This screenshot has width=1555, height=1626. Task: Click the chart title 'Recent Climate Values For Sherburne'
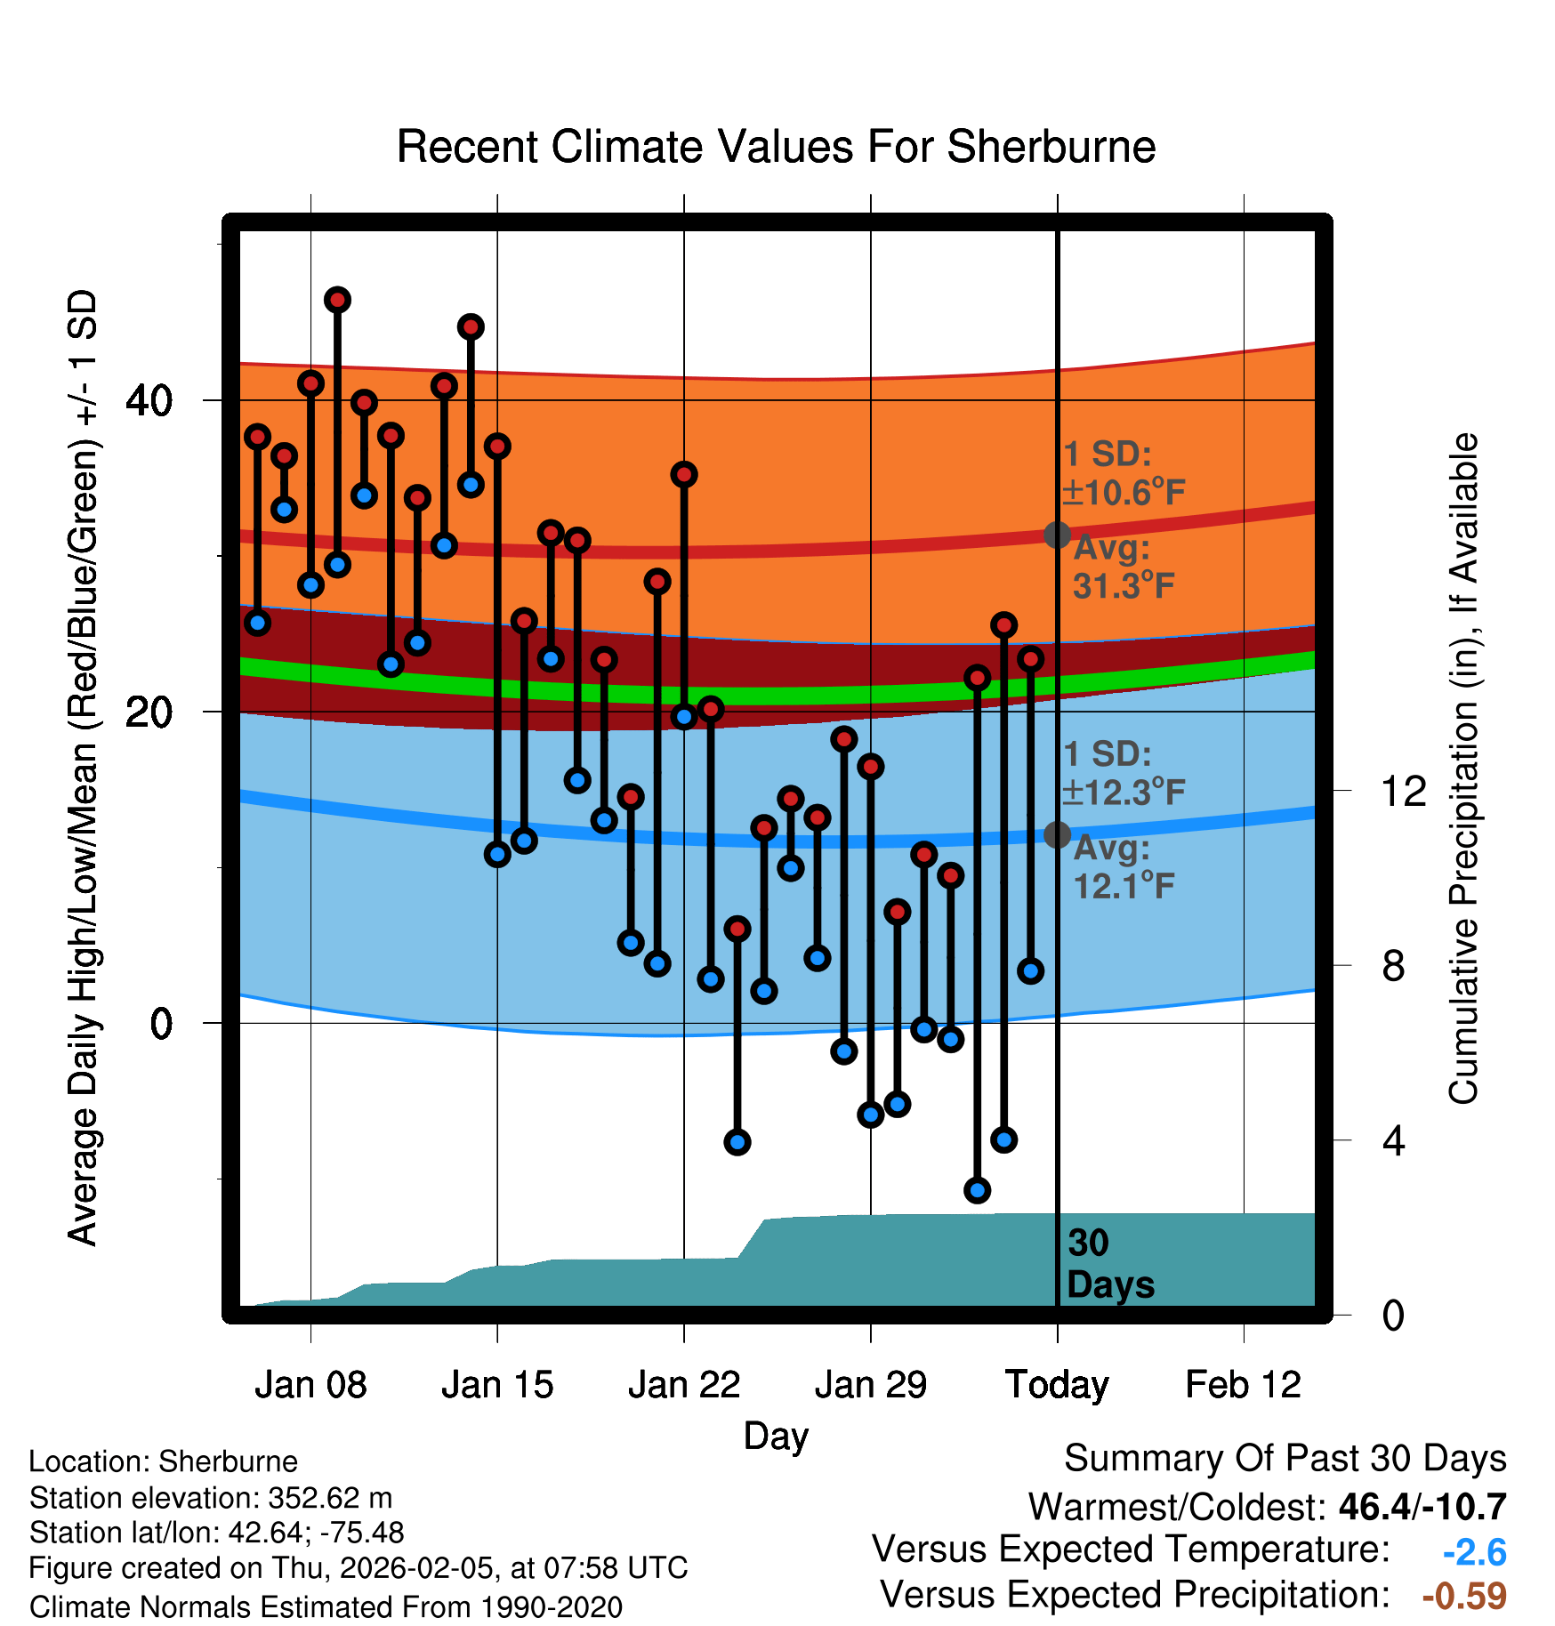pyautogui.click(x=776, y=147)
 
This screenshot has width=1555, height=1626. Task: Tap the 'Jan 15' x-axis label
pyautogui.click(x=497, y=1385)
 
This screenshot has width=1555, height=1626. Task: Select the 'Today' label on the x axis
pyautogui.click(x=1057, y=1385)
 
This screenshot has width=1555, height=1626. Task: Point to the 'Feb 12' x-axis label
pyautogui.click(x=1243, y=1385)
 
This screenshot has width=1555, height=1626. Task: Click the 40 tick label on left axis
pyautogui.click(x=149, y=401)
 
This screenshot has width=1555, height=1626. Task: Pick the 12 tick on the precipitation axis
pyautogui.click(x=1404, y=791)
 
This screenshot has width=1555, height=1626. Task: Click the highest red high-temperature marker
pyautogui.click(x=337, y=300)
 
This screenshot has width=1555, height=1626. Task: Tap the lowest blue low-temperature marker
pyautogui.click(x=978, y=1190)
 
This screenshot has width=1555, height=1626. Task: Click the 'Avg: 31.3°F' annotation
pyautogui.click(x=1123, y=567)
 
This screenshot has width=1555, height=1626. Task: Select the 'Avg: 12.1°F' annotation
pyautogui.click(x=1123, y=867)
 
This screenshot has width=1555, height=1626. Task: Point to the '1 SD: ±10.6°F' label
pyautogui.click(x=1123, y=473)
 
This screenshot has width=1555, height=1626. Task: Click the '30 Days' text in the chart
pyautogui.click(x=1109, y=1264)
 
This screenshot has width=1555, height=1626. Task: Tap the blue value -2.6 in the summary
pyautogui.click(x=1474, y=1553)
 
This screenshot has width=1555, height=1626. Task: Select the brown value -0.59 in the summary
pyautogui.click(x=1464, y=1596)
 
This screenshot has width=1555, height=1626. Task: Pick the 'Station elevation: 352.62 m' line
pyautogui.click(x=211, y=1498)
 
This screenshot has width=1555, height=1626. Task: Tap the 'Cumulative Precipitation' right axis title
pyautogui.click(x=1463, y=769)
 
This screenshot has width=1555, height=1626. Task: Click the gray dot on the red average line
pyautogui.click(x=1057, y=535)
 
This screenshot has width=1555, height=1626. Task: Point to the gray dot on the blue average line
pyautogui.click(x=1057, y=834)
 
